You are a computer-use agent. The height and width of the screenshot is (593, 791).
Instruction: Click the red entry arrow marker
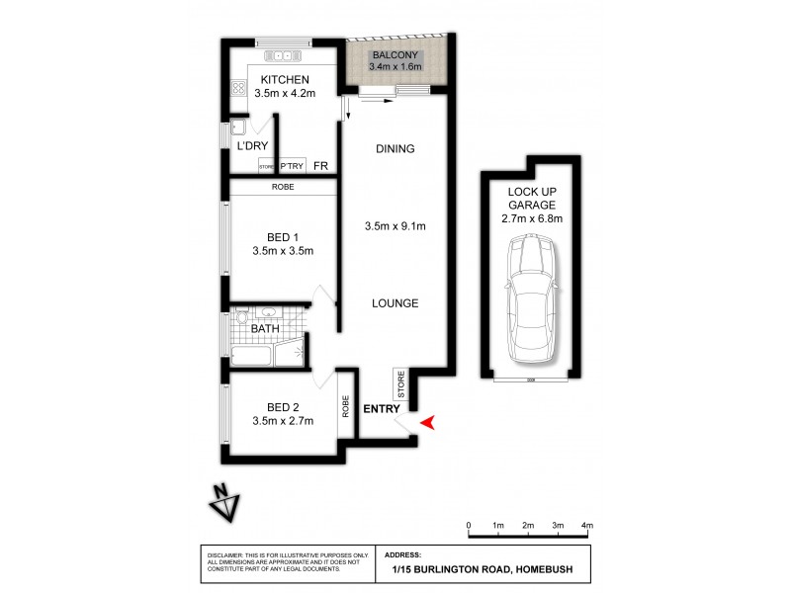coord(427,423)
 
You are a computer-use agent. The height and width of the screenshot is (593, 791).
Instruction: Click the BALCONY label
coord(395,55)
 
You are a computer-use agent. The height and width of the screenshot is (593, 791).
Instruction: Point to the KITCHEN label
coord(285,80)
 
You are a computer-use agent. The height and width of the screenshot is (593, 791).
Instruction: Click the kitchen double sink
coord(286,55)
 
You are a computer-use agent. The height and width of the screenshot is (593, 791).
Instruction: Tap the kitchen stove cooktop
coord(238,89)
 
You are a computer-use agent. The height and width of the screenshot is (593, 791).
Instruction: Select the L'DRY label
coord(252,145)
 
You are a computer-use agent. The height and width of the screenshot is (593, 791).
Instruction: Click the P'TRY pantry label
coord(291,167)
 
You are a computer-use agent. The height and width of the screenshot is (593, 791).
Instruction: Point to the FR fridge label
coord(320,166)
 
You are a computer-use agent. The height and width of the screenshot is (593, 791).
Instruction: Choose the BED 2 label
coord(283,407)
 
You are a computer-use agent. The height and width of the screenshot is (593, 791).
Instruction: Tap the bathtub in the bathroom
coord(258,357)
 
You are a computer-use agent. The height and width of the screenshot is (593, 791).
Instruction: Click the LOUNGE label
coord(395,303)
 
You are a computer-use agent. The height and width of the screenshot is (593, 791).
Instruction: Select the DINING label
coord(395,149)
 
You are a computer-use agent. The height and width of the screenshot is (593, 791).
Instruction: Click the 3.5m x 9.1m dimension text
coord(395,226)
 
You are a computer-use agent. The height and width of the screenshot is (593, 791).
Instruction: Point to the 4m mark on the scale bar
coord(586,525)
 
